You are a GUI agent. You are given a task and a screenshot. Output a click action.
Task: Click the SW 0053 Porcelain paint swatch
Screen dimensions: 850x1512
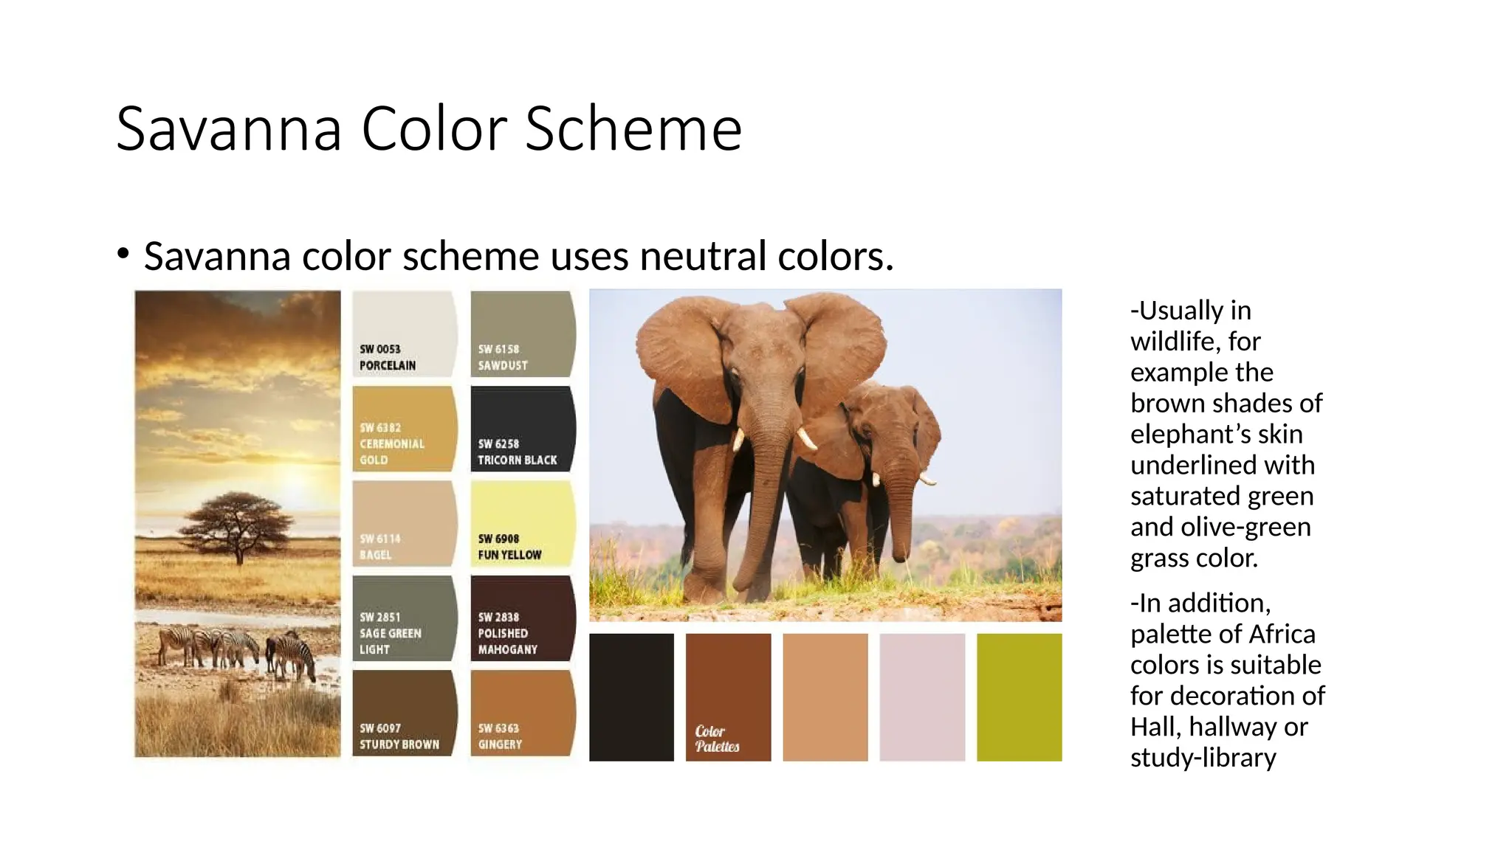[x=404, y=334]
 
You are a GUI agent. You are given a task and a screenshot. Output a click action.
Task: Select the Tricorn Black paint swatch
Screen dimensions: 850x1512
[x=522, y=428]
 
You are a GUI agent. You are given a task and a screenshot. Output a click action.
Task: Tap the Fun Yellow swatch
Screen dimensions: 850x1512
[x=522, y=522]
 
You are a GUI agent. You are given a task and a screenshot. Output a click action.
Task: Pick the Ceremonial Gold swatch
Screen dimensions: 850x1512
[x=404, y=428]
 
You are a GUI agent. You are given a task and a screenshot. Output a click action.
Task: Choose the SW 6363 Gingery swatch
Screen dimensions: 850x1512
[x=522, y=712]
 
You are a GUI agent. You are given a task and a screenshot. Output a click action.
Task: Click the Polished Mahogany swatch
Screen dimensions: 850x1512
[x=522, y=618]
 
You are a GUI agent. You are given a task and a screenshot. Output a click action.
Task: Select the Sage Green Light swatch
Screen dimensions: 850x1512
[x=404, y=618]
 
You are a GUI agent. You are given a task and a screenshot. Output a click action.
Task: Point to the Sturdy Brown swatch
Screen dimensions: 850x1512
[x=404, y=712]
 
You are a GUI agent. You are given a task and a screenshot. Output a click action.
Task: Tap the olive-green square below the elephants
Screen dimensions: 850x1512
[x=1019, y=697]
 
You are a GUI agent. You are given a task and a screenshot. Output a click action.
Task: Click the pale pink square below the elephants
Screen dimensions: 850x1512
[x=922, y=697]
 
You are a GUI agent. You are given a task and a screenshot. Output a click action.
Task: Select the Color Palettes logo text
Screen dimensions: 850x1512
[x=716, y=739]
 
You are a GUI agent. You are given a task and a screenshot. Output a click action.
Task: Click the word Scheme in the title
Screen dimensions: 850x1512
[x=633, y=129]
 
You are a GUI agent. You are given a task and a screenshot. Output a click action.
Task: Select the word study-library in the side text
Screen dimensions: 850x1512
[x=1203, y=758]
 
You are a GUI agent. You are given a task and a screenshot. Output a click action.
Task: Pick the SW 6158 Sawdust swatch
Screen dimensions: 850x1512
[x=522, y=334]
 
